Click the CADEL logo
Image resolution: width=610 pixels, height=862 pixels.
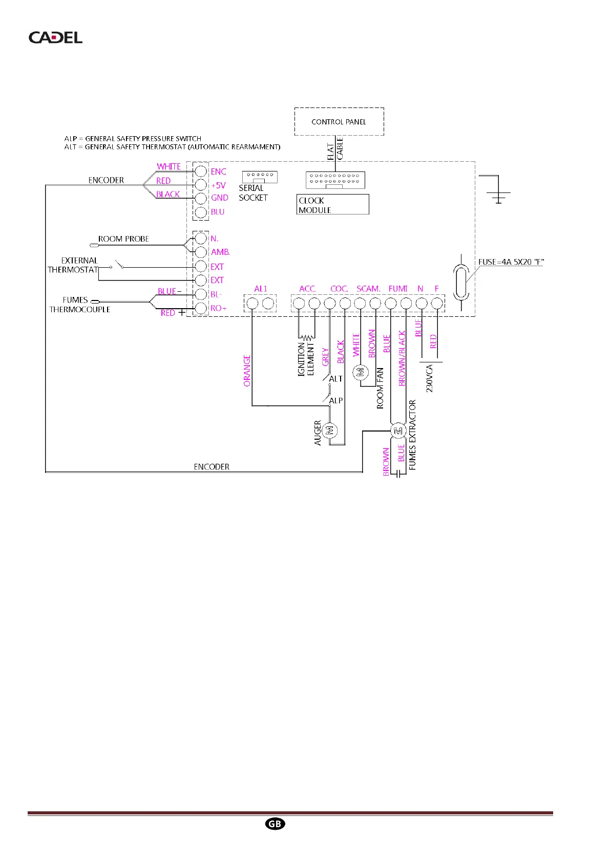point(55,37)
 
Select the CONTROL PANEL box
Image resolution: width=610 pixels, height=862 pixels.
point(339,122)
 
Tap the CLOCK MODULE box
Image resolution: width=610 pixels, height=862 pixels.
point(332,205)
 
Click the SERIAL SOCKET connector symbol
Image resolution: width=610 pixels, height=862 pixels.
point(260,177)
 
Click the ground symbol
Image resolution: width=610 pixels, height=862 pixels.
point(498,196)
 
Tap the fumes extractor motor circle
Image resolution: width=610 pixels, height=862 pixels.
point(398,431)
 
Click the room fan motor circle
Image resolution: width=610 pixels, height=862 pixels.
point(361,372)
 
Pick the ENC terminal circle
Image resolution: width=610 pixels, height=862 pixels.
point(201,171)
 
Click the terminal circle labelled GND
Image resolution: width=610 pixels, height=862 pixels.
point(201,198)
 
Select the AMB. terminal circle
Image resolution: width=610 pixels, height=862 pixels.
point(201,252)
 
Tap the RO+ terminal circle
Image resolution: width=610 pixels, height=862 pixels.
point(201,308)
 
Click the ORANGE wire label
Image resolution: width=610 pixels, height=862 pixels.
point(247,371)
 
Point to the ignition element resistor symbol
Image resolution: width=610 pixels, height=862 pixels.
point(306,338)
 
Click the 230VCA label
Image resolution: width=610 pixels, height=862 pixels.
point(430,378)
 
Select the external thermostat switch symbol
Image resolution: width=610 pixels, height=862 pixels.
point(118,265)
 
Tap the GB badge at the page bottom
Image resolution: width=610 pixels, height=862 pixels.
point(275,824)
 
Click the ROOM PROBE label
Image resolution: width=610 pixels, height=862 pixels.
point(123,239)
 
